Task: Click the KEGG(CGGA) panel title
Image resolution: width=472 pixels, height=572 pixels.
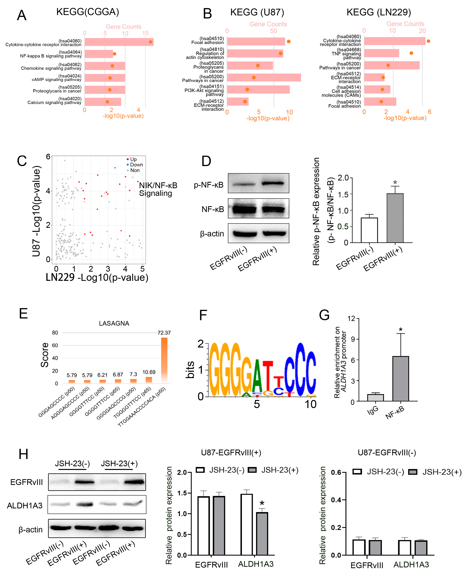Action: [x=88, y=12]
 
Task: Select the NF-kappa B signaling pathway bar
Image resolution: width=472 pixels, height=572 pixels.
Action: [x=98, y=54]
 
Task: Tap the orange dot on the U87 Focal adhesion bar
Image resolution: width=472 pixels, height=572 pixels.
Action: [x=289, y=42]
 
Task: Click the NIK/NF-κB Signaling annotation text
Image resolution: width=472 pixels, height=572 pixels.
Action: [x=158, y=189]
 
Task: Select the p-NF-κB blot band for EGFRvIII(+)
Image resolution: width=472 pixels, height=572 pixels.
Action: [x=273, y=183]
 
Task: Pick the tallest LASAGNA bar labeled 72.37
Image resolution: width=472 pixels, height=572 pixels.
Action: [x=164, y=360]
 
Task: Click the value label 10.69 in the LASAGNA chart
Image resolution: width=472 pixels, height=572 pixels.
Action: [x=149, y=372]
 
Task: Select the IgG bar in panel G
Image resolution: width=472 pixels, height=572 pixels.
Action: [x=375, y=397]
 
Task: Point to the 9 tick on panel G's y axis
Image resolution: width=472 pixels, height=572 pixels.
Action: [x=353, y=339]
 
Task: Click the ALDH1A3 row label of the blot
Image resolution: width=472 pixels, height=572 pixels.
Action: [x=25, y=505]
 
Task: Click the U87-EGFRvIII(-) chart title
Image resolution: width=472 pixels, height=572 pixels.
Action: [x=387, y=452]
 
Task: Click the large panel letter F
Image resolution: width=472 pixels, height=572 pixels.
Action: [x=203, y=315]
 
